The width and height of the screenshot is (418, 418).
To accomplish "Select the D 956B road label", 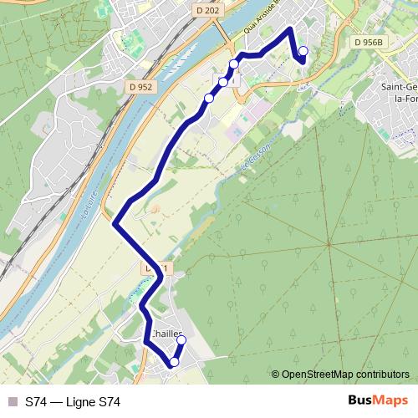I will point(368,42).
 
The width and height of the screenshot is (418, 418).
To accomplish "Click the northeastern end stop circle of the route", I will point(303,52).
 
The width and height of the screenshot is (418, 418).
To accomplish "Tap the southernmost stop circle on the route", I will point(174,362).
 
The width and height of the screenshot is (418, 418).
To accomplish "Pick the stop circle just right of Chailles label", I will point(181,340).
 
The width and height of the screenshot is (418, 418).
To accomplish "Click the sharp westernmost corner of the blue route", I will point(115,222).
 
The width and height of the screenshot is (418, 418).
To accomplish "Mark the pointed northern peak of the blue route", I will point(290,29).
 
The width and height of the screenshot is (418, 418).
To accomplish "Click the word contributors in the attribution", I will point(383,375).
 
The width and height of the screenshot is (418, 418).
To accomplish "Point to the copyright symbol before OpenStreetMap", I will point(276,375).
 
